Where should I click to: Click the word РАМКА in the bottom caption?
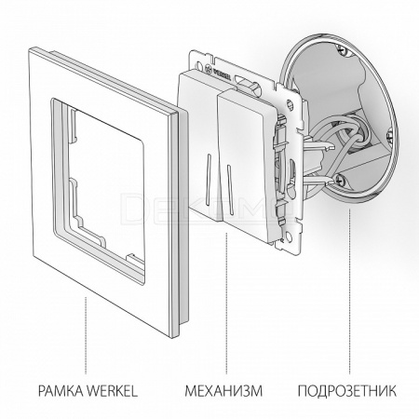coord(61,391)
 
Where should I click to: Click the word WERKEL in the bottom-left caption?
coord(112,391)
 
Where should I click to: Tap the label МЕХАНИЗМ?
coord(223,391)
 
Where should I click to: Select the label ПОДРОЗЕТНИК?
coord(347,391)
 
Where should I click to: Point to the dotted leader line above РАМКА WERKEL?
coord(86,335)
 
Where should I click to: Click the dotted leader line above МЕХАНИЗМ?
coord(226,304)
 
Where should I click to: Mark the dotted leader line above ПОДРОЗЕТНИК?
coord(350,291)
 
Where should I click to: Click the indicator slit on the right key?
coord(229,186)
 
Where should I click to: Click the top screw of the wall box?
coord(341,48)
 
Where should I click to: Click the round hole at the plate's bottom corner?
coord(290,237)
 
